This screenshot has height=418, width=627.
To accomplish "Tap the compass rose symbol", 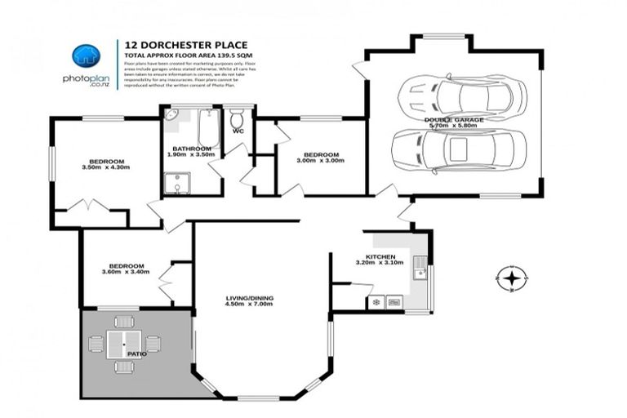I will (511, 279).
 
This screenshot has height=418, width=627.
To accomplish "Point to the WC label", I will (238, 131).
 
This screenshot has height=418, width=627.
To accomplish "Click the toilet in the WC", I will (238, 118).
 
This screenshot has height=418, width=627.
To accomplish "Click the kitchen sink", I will (419, 267).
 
